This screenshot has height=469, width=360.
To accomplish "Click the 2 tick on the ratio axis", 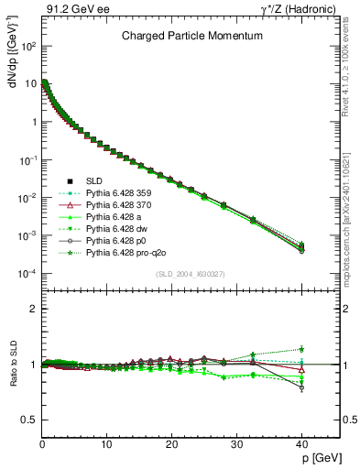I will click(x=33, y=310).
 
